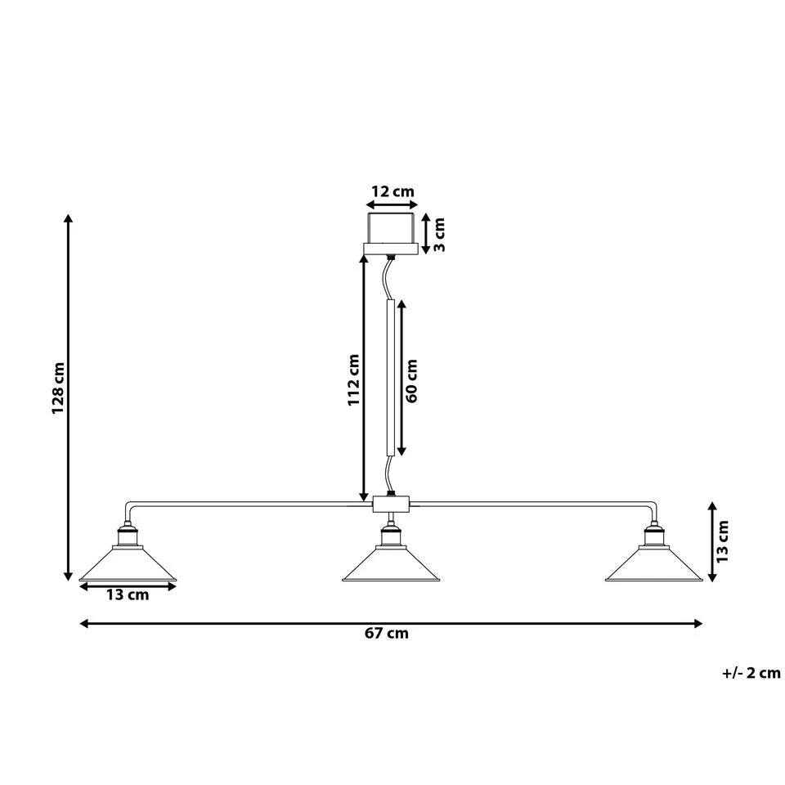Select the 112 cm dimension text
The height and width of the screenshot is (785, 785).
tap(353, 380)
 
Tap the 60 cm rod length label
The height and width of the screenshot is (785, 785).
tap(412, 380)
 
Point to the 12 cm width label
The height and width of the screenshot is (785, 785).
tap(392, 192)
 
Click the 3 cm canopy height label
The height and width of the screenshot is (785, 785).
tap(438, 235)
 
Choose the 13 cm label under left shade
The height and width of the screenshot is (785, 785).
tap(128, 595)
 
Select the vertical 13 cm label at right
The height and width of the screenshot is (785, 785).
tap(722, 541)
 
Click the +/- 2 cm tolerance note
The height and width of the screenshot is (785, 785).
tap(751, 673)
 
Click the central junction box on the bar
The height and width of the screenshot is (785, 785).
tap(390, 504)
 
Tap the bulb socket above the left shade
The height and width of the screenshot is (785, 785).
tap(128, 536)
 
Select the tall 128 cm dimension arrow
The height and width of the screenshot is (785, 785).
tap(69, 400)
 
